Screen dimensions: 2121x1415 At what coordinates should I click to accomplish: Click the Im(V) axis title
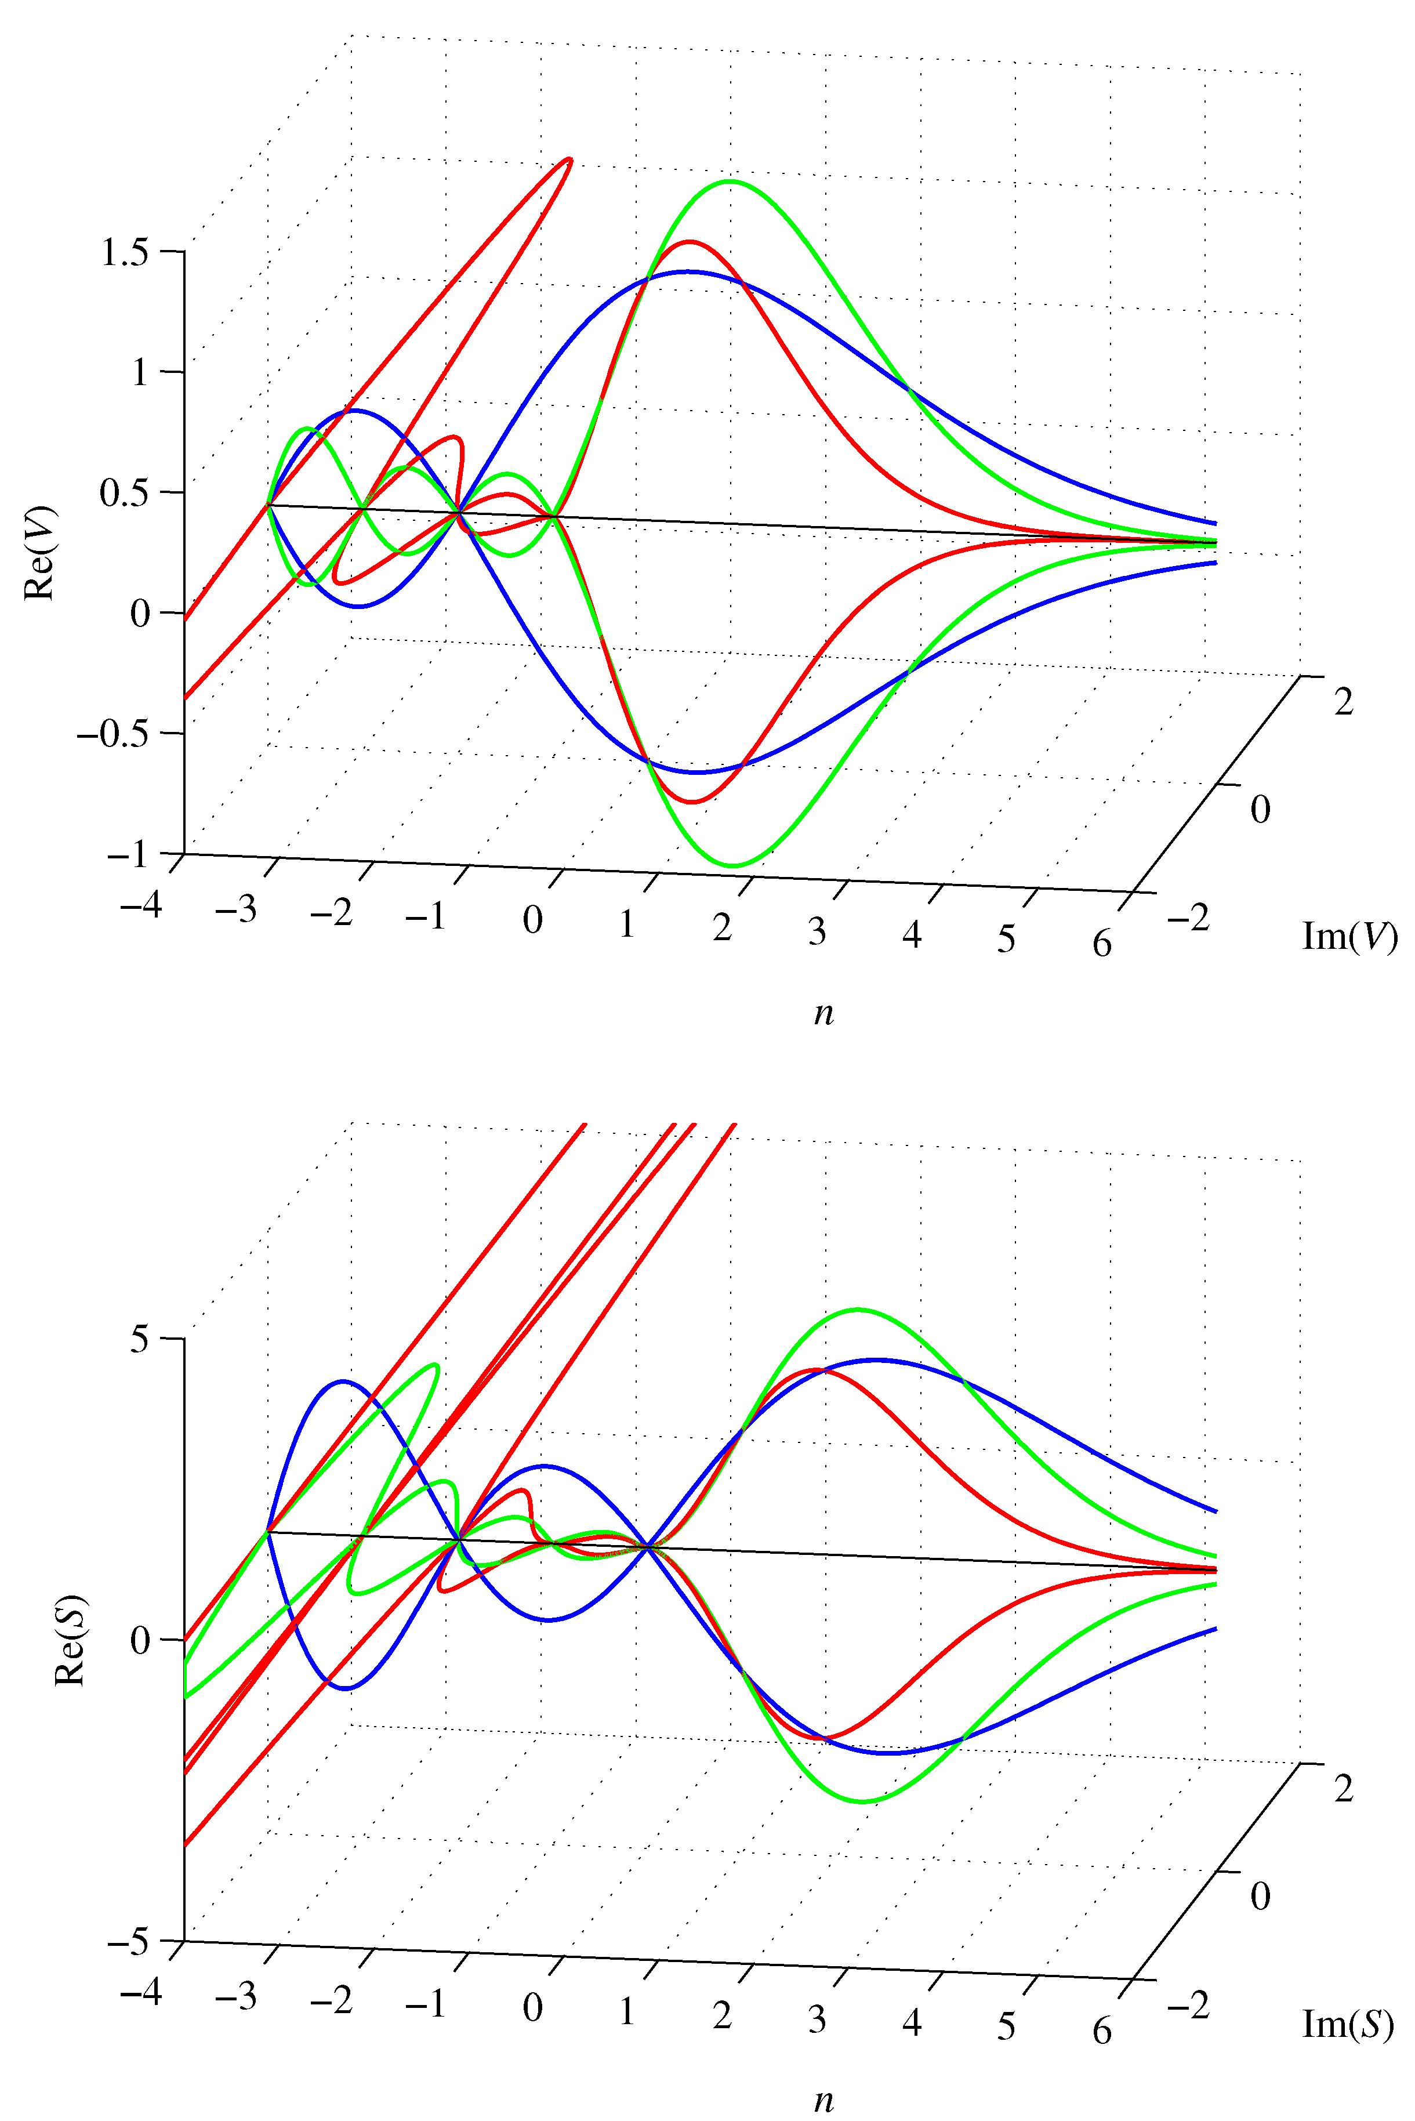[1349, 936]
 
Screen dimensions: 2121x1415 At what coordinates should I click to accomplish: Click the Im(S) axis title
[1347, 2024]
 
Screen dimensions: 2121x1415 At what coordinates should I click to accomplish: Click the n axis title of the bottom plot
[823, 2100]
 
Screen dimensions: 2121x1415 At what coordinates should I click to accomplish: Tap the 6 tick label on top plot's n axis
[1102, 944]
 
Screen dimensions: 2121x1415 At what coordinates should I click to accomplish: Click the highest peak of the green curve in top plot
[729, 182]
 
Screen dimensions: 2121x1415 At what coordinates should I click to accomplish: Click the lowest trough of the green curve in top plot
[733, 865]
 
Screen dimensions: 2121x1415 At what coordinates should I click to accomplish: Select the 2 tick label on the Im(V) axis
[1344, 702]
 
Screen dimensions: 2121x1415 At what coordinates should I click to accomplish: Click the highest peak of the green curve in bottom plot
[857, 1308]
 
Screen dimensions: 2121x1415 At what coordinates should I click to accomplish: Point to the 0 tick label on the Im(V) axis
[1260, 810]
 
